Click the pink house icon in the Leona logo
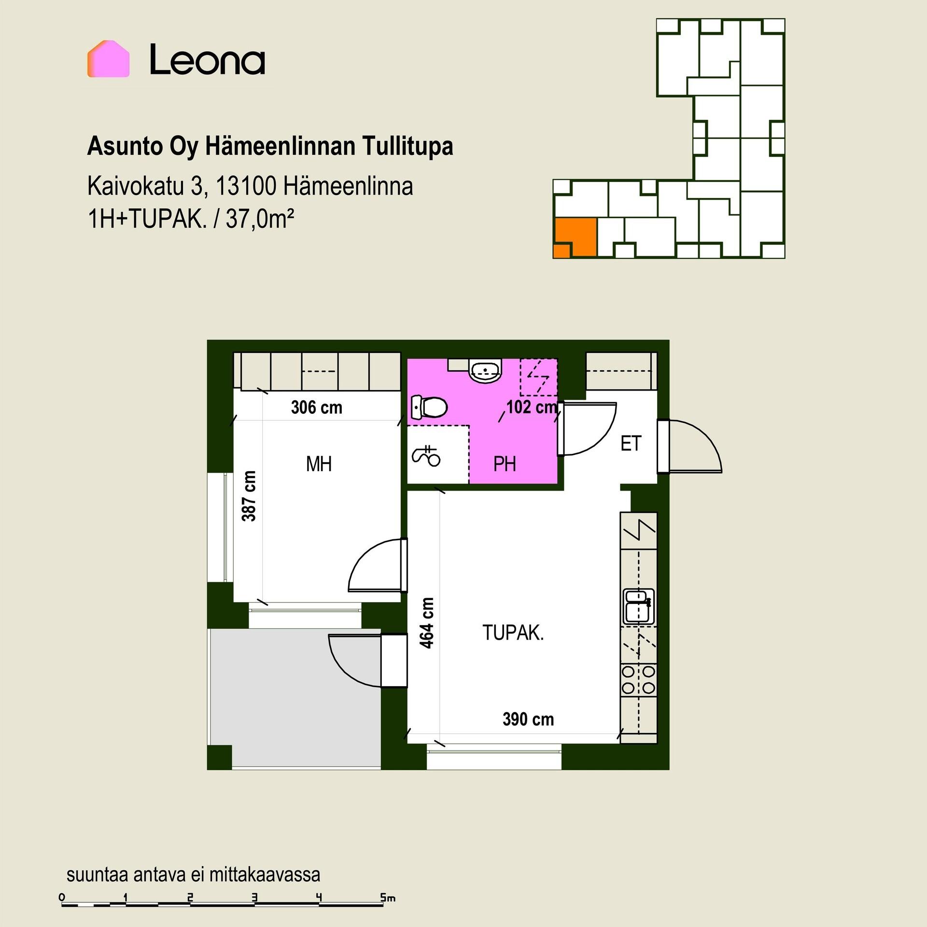pos(108,59)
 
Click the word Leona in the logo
pos(208,59)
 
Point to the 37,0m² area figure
pos(260,219)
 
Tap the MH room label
pos(319,464)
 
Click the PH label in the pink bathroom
pos(505,464)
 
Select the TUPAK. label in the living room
pos(513,632)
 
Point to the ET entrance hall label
pos(631,443)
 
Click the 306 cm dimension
pos(317,407)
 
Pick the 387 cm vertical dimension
pos(249,496)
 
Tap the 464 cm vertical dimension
pos(427,623)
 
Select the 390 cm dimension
pos(528,719)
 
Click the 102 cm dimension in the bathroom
pos(532,407)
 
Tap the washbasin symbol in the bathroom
pos(486,370)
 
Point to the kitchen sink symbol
pos(638,606)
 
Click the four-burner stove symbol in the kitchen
pos(638,679)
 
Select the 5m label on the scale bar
pos(388,898)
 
